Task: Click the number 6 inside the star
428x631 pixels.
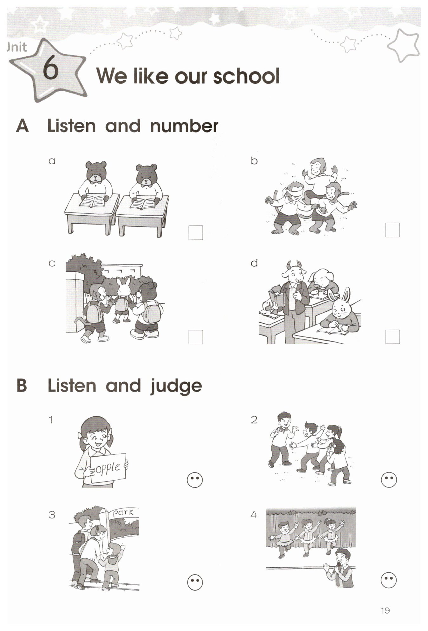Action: tap(51, 69)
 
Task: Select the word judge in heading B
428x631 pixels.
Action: tap(176, 387)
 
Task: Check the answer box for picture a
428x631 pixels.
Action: tap(196, 233)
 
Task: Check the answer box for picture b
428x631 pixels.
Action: tap(392, 230)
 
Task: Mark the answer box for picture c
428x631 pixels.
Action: tap(196, 337)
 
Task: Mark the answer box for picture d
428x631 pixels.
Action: tap(392, 337)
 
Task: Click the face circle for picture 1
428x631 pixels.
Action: tap(195, 480)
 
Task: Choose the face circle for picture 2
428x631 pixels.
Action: tap(389, 480)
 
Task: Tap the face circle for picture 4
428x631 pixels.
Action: tap(389, 580)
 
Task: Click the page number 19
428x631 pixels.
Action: tap(385, 610)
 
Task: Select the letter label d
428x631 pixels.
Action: tap(254, 263)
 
